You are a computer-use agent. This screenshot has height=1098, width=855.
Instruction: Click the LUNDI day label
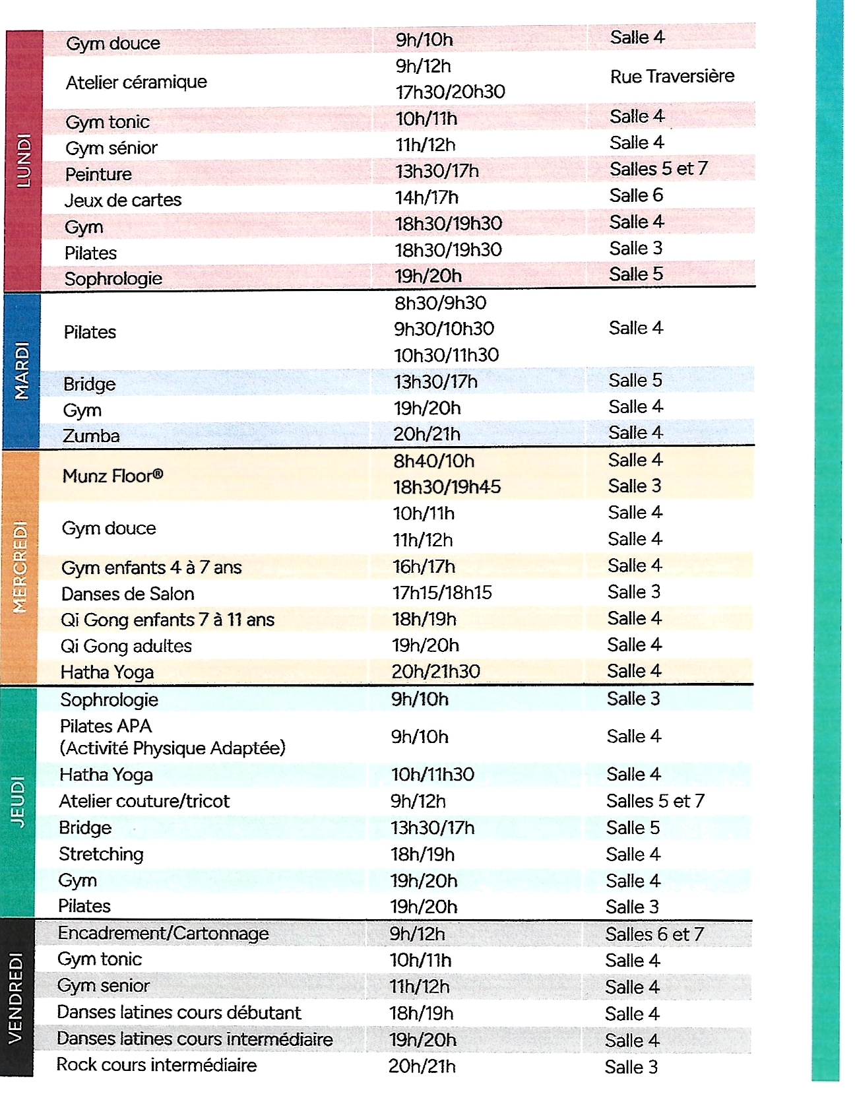click(23, 160)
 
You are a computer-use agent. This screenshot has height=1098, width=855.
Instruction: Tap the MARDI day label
click(22, 370)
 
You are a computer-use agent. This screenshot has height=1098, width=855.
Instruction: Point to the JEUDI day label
click(18, 801)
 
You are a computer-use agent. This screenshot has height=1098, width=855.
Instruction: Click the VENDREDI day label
click(16, 997)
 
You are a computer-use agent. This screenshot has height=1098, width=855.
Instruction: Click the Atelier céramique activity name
click(136, 82)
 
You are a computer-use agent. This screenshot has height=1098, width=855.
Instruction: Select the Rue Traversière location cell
click(672, 77)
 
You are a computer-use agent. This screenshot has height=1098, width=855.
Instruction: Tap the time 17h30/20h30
click(450, 92)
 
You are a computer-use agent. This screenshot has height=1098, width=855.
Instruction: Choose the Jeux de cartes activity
click(123, 200)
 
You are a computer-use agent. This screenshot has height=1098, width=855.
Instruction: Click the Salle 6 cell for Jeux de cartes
click(636, 195)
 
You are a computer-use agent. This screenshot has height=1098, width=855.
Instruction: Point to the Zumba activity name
click(91, 436)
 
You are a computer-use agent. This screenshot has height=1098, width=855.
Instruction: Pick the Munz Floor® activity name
click(113, 476)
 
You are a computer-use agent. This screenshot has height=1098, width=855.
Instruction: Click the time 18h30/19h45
click(447, 487)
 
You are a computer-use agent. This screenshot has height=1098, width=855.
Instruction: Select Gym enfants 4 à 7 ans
click(151, 567)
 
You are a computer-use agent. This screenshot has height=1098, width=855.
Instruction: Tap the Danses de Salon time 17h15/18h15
click(442, 593)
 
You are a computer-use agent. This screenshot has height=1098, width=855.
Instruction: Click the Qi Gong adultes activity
click(126, 646)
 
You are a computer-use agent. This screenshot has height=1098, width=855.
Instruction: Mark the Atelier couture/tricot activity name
click(144, 801)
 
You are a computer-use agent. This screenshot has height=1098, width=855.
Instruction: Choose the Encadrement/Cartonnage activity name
click(163, 933)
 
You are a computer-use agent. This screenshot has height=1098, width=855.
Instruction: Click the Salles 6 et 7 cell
click(654, 934)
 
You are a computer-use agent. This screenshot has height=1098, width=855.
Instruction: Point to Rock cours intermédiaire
click(156, 1064)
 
